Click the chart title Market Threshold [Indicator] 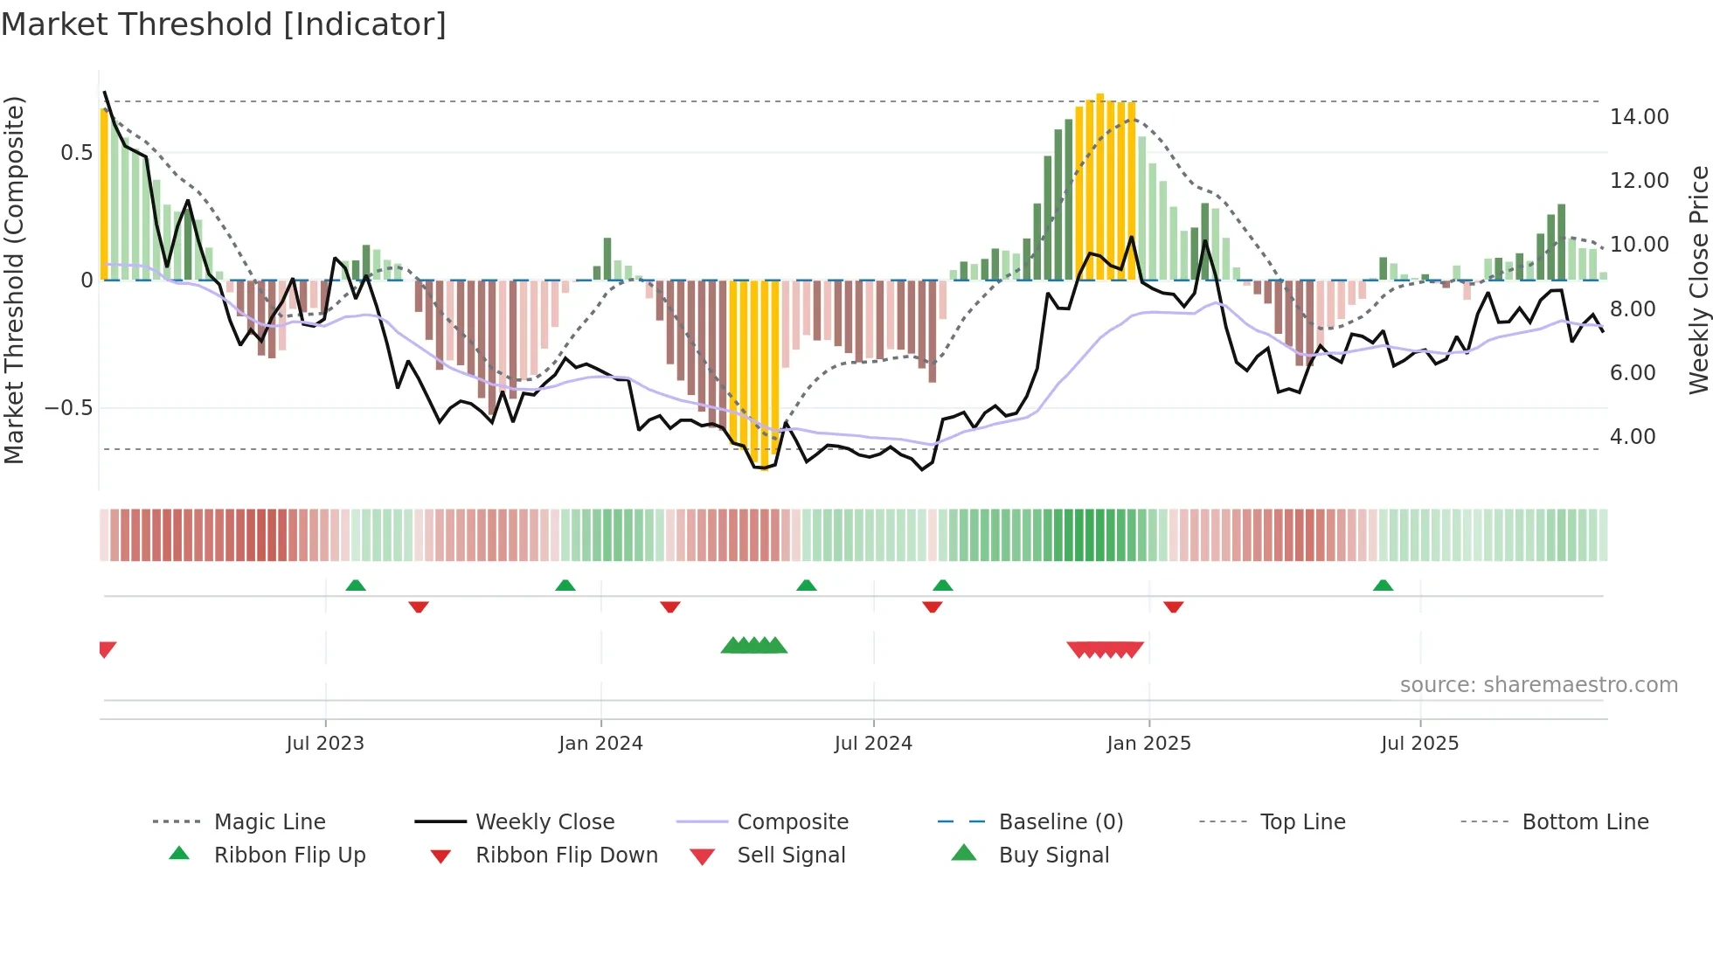[224, 24]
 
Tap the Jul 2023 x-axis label [325, 744]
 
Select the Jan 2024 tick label [600, 744]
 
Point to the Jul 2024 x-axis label [873, 744]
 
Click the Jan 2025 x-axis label [1148, 744]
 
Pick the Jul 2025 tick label [1420, 744]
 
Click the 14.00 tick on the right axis [1639, 117]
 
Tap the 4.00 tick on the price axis [1633, 437]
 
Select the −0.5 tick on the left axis [68, 408]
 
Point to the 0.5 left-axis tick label [76, 153]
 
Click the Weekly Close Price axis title [1698, 280]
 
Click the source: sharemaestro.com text [1538, 685]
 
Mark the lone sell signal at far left [107, 648]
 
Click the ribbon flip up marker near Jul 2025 [1383, 585]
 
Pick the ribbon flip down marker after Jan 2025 [1173, 606]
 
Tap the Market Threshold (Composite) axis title [14, 280]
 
